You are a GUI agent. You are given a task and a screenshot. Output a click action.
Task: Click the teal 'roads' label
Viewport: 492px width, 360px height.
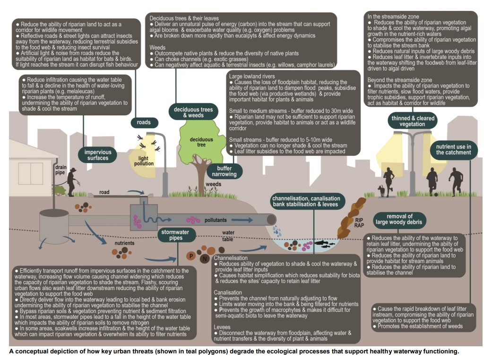pyautogui.click(x=144, y=122)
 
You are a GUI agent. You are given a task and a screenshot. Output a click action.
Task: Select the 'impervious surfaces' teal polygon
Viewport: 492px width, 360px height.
pyautogui.click(x=98, y=154)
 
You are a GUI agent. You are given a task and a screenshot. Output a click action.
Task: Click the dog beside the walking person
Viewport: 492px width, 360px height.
pyautogui.click(x=381, y=190)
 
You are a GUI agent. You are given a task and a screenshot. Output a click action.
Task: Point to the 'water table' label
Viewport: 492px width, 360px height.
pyautogui.click(x=229, y=235)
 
